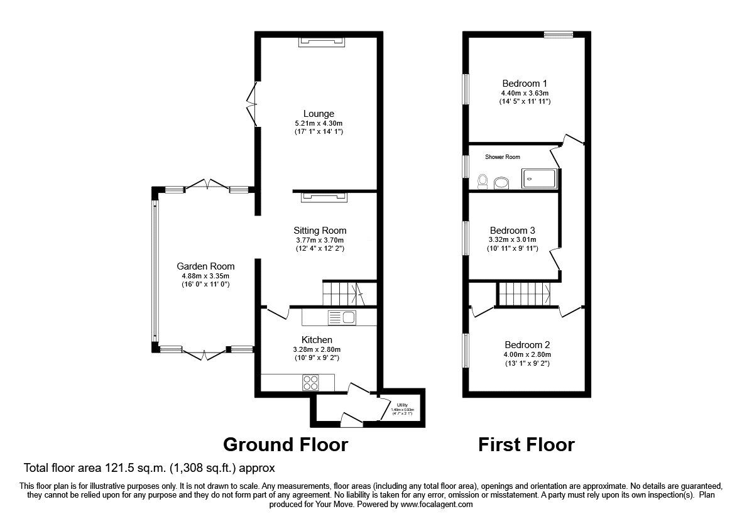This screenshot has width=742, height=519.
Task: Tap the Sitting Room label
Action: (320, 231)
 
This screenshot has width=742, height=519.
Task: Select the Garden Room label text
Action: (205, 266)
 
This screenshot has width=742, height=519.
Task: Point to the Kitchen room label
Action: (317, 340)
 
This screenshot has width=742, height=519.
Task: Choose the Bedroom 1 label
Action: (525, 83)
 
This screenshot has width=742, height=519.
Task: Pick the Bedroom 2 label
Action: (527, 345)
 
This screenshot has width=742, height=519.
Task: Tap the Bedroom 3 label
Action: (512, 230)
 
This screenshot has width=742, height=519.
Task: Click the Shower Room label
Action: (502, 156)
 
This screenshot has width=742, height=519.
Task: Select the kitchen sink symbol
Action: (342, 317)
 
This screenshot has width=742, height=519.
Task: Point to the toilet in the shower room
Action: (483, 182)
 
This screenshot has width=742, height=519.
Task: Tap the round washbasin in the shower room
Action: (502, 183)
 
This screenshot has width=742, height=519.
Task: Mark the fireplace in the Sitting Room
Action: (324, 197)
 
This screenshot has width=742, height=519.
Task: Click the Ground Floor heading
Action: (285, 445)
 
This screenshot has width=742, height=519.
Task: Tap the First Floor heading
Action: (526, 445)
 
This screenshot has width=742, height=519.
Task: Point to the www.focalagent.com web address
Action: (436, 504)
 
